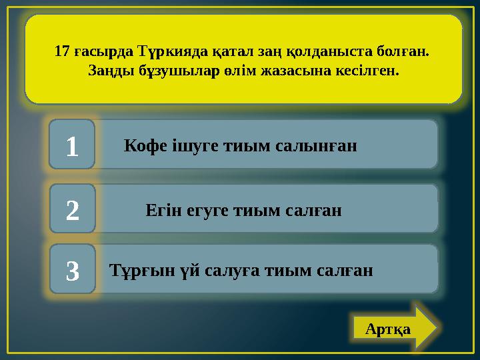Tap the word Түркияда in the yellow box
tap(167, 51)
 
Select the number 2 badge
tap(72, 210)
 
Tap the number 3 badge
tap(72, 271)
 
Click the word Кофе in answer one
tap(143, 145)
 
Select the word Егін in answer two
tap(162, 211)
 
